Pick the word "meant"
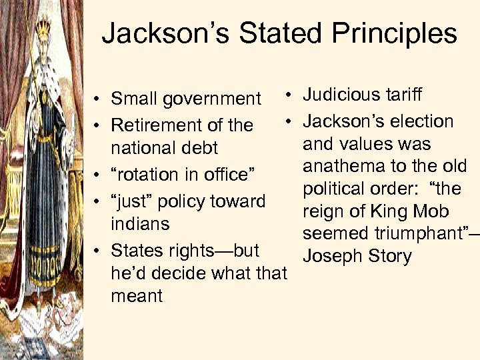(x=137, y=295)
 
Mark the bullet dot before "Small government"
(x=97, y=100)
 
